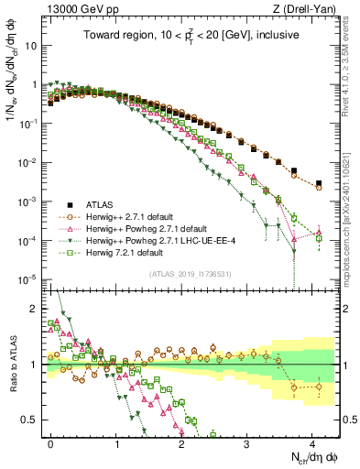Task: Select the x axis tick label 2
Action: [x=181, y=442]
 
